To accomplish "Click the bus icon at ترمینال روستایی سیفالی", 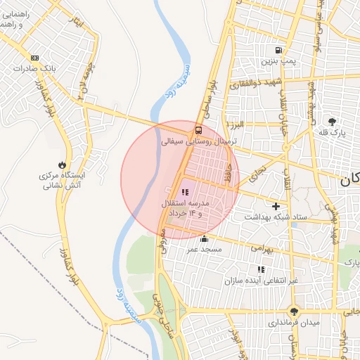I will tap(198, 130).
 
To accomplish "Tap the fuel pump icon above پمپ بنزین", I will tap(279, 51).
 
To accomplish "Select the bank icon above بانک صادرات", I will tap(35, 58).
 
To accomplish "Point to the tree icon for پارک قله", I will tap(333, 122).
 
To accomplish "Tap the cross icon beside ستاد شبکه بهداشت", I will tap(276, 207).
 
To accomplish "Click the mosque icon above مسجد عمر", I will tap(205, 238).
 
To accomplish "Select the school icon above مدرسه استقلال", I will tap(185, 191).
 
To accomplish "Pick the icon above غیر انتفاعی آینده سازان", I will tap(261, 269).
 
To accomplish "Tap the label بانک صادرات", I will tap(34, 70).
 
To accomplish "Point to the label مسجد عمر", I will tap(204, 250).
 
